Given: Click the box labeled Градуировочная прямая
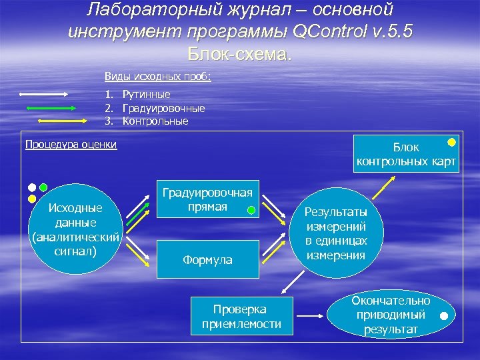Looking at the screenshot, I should [x=207, y=199].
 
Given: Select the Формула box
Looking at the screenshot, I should [x=207, y=259].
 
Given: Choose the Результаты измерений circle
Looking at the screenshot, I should [x=335, y=233].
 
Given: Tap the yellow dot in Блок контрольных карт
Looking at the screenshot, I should [x=451, y=143].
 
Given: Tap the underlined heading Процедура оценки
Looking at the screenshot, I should [x=71, y=145].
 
